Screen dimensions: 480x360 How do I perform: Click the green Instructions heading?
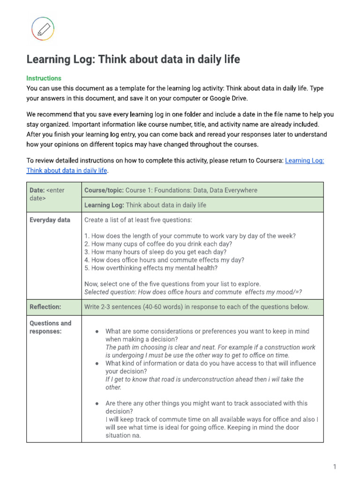coord(44,78)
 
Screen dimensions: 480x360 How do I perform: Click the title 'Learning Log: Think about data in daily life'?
coord(133,60)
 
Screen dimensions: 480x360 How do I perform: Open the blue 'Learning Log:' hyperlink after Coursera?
coord(304,160)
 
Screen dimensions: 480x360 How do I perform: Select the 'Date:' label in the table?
coord(37,190)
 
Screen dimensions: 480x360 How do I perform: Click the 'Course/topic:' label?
coord(104,190)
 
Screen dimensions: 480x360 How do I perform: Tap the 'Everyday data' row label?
coord(50,220)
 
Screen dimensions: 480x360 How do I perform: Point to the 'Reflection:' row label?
coord(45,307)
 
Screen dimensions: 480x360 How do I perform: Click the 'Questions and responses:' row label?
coord(50,327)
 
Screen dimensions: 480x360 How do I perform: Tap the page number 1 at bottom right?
coord(335,466)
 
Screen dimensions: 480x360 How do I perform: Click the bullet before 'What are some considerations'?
coord(97,331)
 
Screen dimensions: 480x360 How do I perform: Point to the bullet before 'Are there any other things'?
coord(97,403)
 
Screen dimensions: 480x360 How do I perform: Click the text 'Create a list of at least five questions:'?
coord(138,220)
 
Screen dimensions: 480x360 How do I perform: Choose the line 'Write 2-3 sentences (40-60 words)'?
coord(196,307)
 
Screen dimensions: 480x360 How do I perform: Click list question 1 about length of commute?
coord(190,236)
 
